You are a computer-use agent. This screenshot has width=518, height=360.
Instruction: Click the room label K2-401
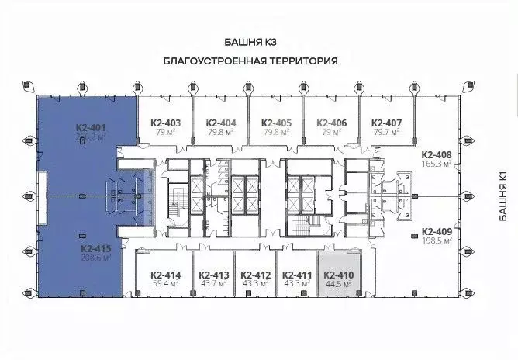point(91,127)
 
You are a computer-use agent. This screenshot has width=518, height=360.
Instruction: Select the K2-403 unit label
point(165,123)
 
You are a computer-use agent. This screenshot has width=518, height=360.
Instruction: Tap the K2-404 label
point(221,123)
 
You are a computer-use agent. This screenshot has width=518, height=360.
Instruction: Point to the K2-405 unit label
point(276,123)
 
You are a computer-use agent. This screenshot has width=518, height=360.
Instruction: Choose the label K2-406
point(331,123)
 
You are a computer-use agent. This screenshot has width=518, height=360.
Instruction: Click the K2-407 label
point(386,123)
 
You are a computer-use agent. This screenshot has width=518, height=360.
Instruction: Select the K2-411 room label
point(297,275)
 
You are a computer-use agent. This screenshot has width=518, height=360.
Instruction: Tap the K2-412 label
point(255,275)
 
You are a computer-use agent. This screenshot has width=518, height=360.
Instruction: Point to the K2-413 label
point(213,275)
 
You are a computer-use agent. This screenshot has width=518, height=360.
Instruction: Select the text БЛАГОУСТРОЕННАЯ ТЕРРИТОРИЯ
point(254,60)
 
